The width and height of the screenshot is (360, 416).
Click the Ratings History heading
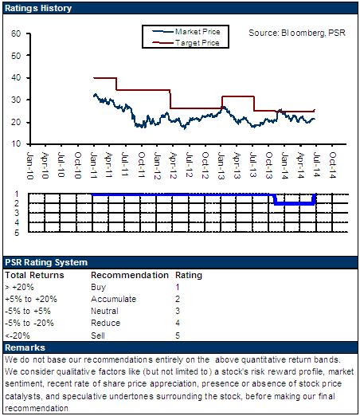pyautogui.click(x=38, y=8)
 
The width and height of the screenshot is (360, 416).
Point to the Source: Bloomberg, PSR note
pyautogui.click(x=297, y=33)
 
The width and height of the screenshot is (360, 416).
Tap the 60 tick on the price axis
pyautogui.click(x=16, y=33)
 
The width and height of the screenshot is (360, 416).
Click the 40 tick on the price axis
pyautogui.click(x=16, y=78)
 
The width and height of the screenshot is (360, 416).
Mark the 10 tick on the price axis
pyautogui.click(x=16, y=144)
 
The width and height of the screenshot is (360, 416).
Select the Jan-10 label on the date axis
pyautogui.click(x=30, y=166)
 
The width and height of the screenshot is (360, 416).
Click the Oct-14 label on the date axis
pyautogui.click(x=332, y=165)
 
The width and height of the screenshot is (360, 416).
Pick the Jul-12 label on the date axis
pyautogui.click(x=189, y=165)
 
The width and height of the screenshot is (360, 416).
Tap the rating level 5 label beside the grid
pyautogui.click(x=17, y=233)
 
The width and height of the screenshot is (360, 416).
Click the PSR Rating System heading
pyautogui.click(x=46, y=262)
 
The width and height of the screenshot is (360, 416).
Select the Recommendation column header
pyautogui.click(x=130, y=275)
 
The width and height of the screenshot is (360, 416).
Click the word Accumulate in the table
pyautogui.click(x=113, y=299)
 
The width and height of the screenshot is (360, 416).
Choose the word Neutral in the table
pyautogui.click(x=104, y=311)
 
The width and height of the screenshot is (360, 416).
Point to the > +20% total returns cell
pyautogui.click(x=19, y=287)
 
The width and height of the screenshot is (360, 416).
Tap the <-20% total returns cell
pyautogui.click(x=18, y=336)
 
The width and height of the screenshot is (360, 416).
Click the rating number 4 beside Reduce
pyautogui.click(x=178, y=323)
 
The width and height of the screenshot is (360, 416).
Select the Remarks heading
pyautogui.click(x=25, y=347)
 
